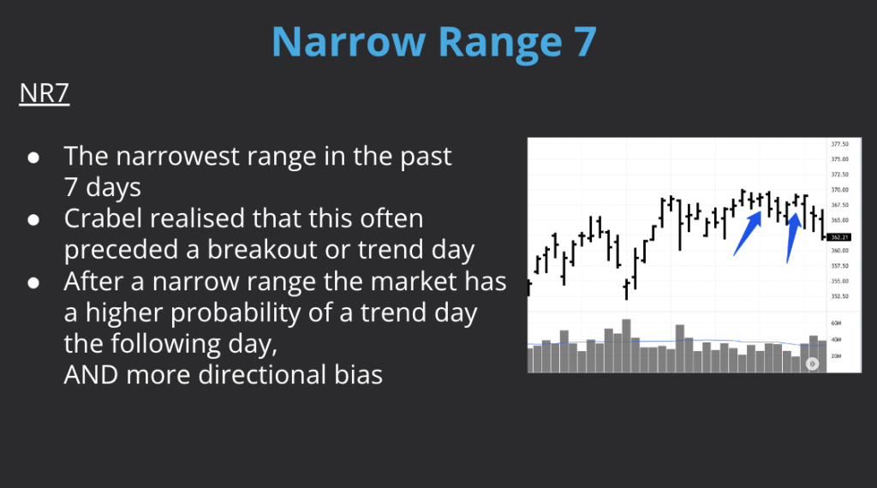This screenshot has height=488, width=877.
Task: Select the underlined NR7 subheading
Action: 44,94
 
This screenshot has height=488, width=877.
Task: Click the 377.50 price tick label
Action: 839,144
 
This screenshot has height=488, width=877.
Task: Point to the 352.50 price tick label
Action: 839,296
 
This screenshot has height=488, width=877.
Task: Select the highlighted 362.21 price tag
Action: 839,237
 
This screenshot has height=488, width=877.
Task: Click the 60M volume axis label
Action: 836,324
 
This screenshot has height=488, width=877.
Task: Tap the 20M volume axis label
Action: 836,354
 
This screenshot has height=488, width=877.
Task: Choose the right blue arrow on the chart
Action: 792,235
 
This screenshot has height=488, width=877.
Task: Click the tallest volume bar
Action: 626,346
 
